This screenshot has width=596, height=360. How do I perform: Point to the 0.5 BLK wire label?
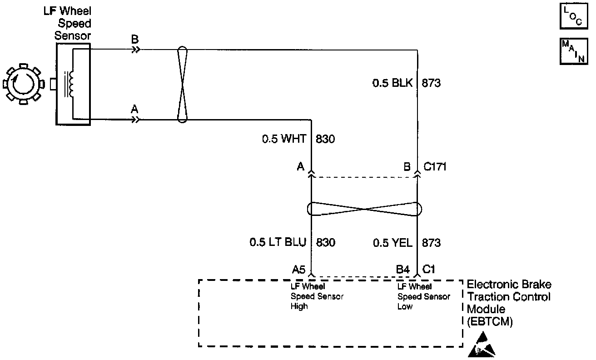(392, 83)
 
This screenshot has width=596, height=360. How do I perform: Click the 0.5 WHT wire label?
(284, 139)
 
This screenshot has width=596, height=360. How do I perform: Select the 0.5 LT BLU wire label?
(278, 243)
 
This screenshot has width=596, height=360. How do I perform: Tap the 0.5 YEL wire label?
(392, 243)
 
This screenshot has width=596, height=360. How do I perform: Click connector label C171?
(435, 167)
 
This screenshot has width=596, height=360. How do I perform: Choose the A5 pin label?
(298, 270)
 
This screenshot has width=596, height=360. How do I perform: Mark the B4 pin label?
(403, 270)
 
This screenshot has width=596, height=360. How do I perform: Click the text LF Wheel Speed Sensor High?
(317, 296)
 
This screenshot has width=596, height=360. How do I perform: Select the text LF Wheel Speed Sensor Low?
(423, 296)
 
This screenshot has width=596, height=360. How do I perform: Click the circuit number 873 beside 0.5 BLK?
(431, 83)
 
